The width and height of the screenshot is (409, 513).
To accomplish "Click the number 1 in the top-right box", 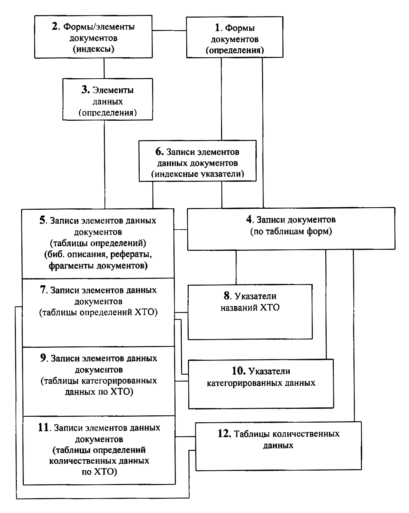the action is coord(217,28).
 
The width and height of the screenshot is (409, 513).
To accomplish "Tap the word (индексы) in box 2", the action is coord(93,49).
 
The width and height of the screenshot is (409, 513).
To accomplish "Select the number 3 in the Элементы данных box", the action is coord(84,90).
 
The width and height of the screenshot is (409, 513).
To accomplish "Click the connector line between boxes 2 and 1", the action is coord(169,30).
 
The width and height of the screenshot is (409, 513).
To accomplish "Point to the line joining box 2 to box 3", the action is coord(104,68).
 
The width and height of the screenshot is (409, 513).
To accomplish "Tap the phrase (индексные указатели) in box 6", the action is coord(198,174).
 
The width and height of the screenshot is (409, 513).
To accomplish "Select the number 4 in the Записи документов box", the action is coord(249,219).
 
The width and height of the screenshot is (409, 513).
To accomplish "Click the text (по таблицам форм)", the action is coord(291,231).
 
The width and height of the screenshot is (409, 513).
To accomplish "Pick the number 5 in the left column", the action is coord(42,220).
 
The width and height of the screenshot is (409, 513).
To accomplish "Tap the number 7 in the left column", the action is coord(43,290).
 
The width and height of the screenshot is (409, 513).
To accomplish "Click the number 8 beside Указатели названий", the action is coord(227,296).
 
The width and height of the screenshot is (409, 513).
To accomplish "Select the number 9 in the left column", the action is coord(43,358).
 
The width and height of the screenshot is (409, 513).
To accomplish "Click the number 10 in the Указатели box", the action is coord(239,371).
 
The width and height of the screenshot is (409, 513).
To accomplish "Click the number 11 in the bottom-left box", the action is coord(43,427).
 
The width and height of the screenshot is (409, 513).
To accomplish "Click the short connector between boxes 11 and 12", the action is coord(186,436).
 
